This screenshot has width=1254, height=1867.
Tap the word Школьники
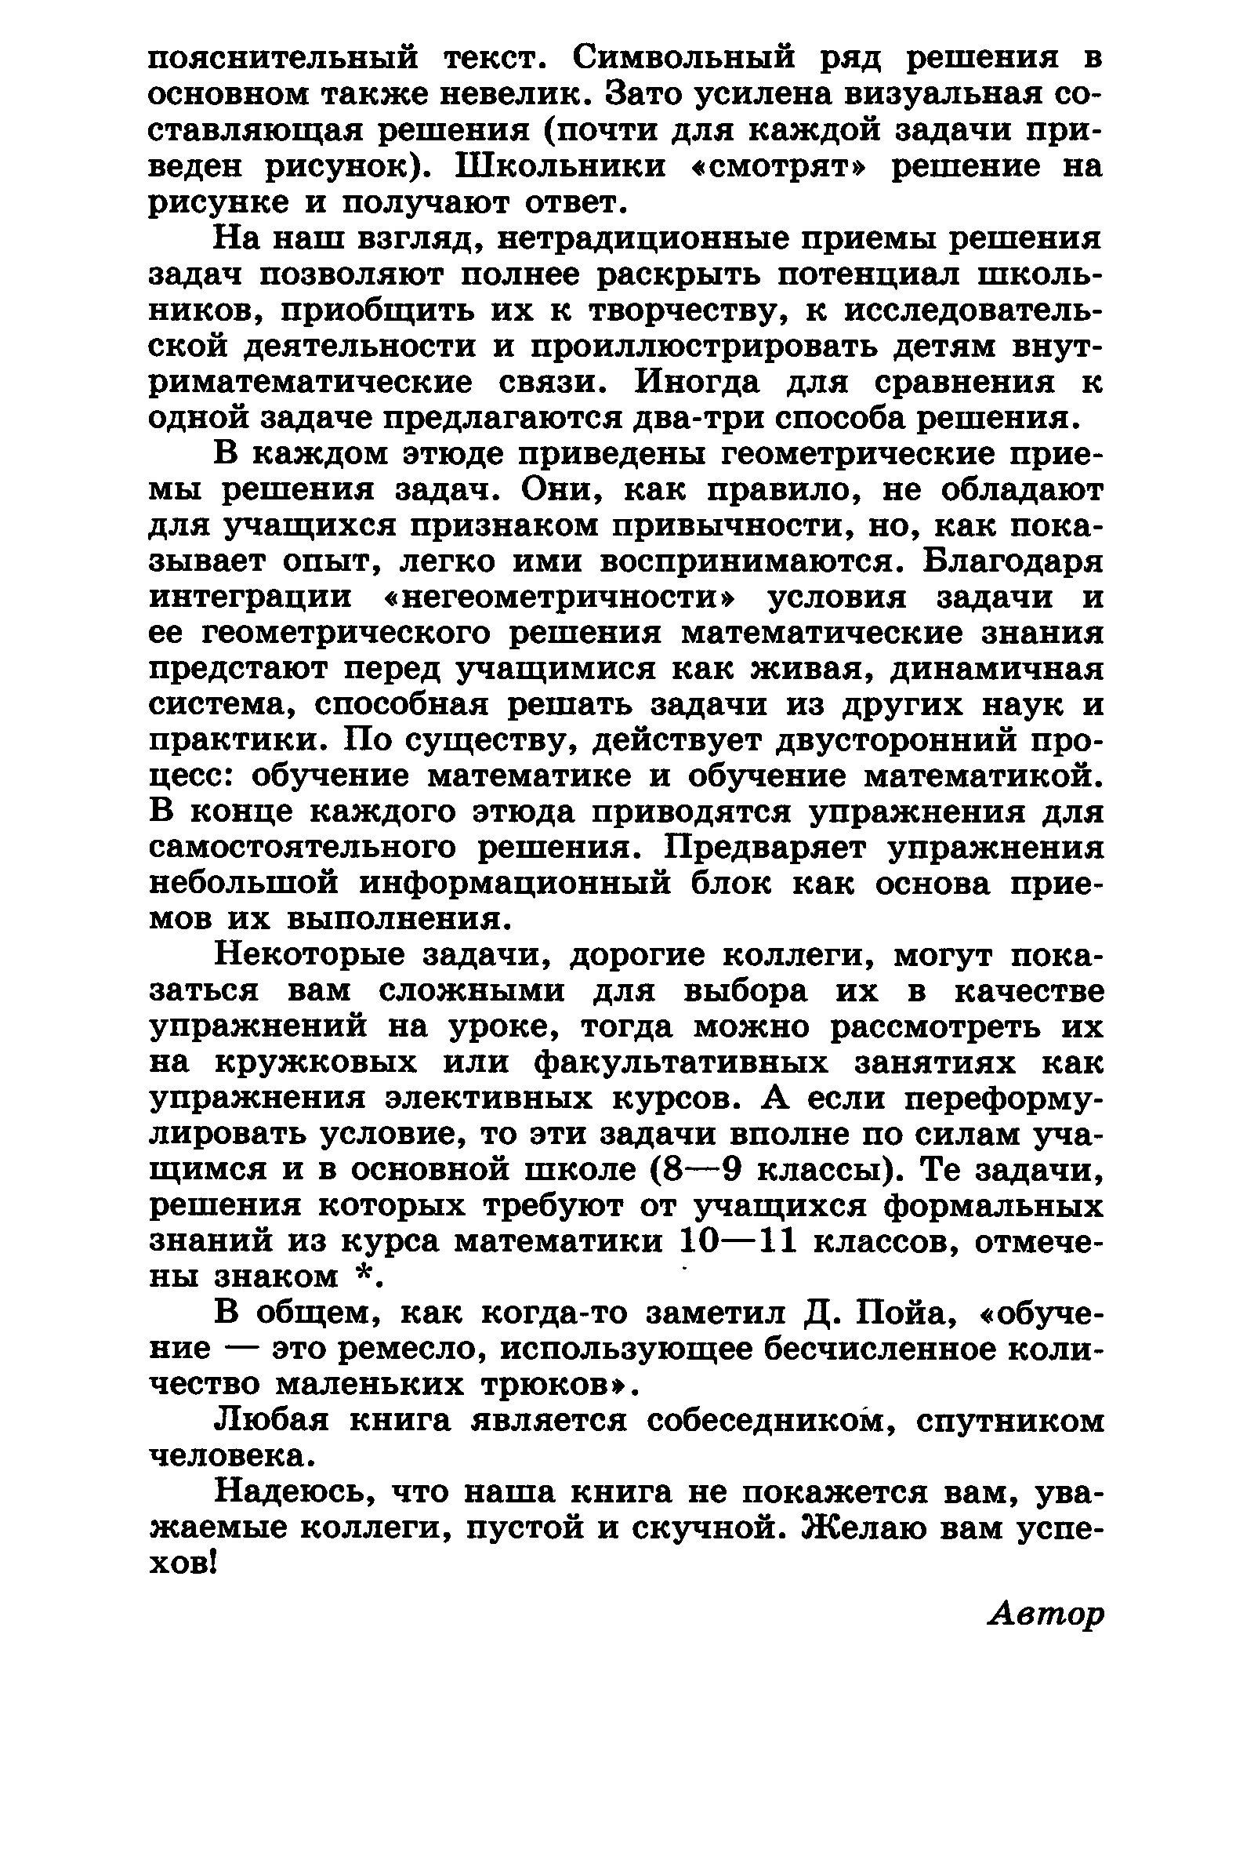tap(560, 167)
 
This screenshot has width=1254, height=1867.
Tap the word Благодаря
tap(1014, 561)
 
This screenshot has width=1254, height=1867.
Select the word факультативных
tap(680, 1063)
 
